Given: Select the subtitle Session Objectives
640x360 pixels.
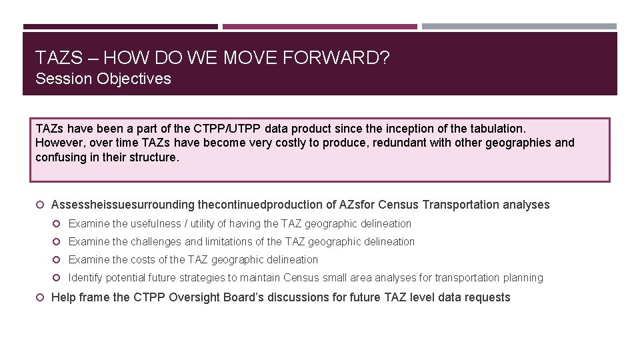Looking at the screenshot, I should click(x=103, y=79).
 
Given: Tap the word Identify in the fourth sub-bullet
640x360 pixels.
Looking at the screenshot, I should click(x=85, y=278).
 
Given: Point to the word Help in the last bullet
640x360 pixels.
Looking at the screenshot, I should click(x=63, y=297).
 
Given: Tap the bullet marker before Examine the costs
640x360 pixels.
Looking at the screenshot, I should click(x=58, y=260).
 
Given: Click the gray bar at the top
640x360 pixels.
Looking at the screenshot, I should click(x=519, y=27).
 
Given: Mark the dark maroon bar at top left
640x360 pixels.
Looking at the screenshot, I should click(x=120, y=27).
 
